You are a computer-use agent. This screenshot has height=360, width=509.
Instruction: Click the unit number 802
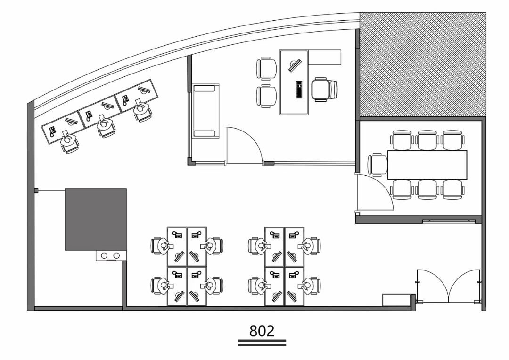pos(262,331)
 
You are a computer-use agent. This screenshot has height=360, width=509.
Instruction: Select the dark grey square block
pos(96,220)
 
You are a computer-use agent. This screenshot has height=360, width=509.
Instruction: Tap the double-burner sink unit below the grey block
pos(111,256)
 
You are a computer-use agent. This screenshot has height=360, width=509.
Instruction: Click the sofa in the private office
pos(205,111)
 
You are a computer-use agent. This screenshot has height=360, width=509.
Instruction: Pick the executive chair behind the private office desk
pos(324,90)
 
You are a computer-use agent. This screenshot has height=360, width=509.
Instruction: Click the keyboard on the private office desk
pos(299,89)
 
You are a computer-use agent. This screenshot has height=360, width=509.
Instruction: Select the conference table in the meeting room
pos(427,165)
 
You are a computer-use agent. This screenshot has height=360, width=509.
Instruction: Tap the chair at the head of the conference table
pos(378,164)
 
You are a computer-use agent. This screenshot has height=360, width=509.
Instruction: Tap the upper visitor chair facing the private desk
pos(266,68)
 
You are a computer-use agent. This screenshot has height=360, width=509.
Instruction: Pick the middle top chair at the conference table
pos(427,140)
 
